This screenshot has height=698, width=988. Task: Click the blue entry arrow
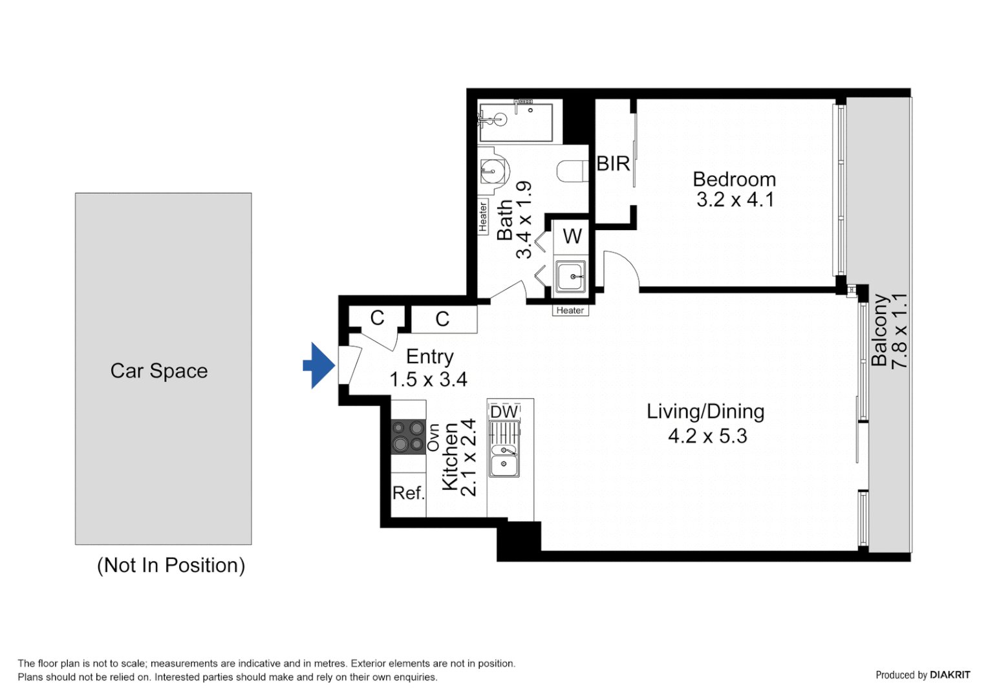[x=319, y=366]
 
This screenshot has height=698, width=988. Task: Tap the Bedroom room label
[x=734, y=179]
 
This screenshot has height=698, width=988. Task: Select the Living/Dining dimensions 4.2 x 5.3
[x=707, y=436]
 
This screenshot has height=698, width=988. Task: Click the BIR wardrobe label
[x=612, y=164]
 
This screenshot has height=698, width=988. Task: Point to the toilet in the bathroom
[x=571, y=171]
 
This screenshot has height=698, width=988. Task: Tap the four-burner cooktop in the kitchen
[x=408, y=436]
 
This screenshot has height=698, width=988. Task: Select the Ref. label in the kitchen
[x=408, y=493]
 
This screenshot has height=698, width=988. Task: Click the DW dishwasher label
[x=504, y=412]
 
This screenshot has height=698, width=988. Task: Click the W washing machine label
[x=572, y=237]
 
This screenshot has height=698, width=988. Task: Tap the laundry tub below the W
[x=570, y=277]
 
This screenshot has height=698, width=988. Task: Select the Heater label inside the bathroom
[x=483, y=217]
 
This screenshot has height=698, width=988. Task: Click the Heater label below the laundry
[x=570, y=310]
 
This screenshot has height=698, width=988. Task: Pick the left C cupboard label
[x=377, y=317]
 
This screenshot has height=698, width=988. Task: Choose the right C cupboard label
[x=442, y=319]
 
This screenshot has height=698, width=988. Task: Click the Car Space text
[x=159, y=371]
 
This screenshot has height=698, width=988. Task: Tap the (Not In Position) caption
[x=171, y=565]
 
